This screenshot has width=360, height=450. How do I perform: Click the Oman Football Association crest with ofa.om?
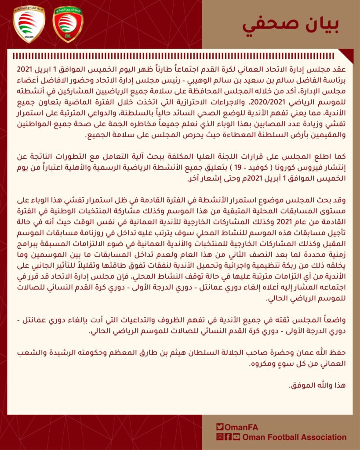[29, 25]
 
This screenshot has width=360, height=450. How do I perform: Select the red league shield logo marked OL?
[68, 25]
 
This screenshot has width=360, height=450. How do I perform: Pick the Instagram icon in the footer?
[219, 437]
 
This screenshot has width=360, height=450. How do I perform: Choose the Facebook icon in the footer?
[228, 437]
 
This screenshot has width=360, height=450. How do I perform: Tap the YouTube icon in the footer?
[237, 437]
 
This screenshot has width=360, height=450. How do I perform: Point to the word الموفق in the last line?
[303, 386]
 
